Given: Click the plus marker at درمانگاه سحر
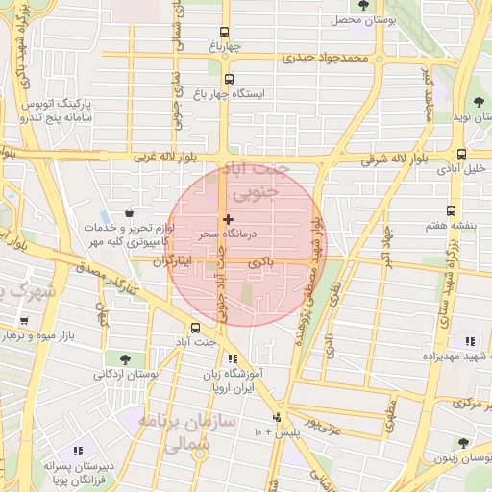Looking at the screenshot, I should point(228,220).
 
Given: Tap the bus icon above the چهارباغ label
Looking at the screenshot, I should point(225,32).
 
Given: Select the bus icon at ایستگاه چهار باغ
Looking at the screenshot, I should point(229,80).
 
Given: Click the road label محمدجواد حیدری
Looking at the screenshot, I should point(325,60).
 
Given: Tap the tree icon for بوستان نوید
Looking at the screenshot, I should point(479,103).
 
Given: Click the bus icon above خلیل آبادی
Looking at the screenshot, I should point(462,154).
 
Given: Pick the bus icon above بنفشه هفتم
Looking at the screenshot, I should point(451,210).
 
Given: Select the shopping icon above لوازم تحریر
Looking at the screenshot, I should point(130,213).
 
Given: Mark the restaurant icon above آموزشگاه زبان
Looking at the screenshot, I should point(233,358).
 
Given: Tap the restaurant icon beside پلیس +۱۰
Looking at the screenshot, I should point(278,417).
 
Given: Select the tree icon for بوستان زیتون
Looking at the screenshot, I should point(463,444).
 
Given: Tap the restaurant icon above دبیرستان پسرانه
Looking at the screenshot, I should point(78,451).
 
